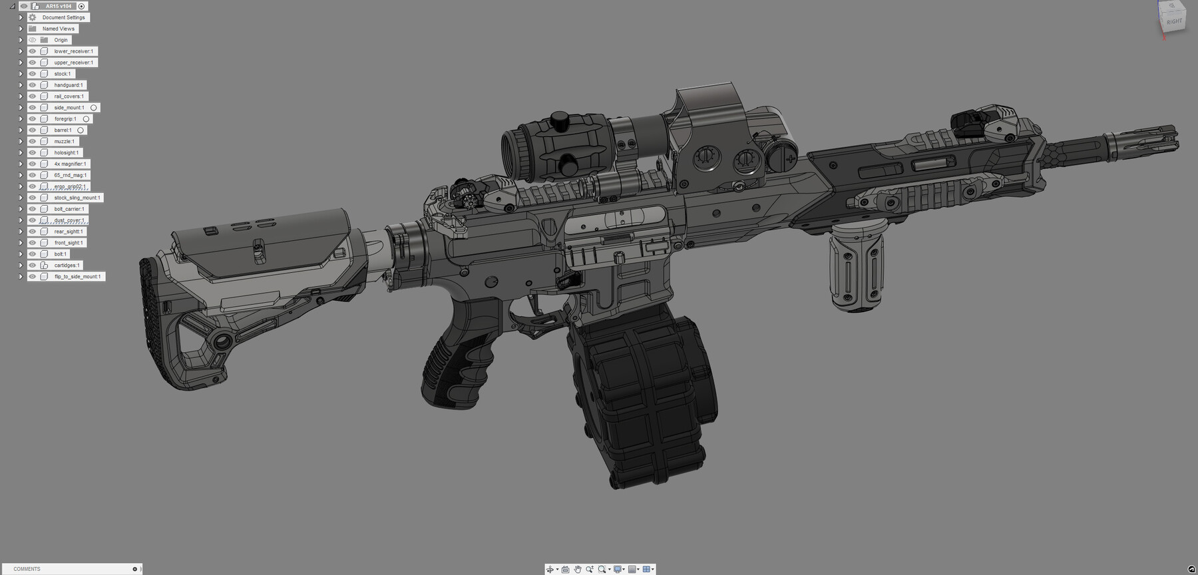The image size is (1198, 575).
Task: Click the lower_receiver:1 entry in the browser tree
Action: point(73,51)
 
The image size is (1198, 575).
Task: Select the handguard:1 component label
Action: point(69,85)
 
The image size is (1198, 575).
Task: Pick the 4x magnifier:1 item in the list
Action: point(70,164)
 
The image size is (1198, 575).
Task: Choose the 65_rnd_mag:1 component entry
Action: point(71,175)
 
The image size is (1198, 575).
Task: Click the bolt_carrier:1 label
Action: point(69,209)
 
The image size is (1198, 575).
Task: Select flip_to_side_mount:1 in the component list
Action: point(77,276)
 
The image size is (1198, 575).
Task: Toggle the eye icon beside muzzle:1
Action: point(32,141)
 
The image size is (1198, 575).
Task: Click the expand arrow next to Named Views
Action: point(21,29)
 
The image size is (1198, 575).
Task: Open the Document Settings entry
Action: point(63,17)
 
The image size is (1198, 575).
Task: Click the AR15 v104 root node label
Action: point(59,6)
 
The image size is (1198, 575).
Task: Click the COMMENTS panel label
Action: point(27,569)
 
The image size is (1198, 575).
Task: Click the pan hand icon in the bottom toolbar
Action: point(577,569)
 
